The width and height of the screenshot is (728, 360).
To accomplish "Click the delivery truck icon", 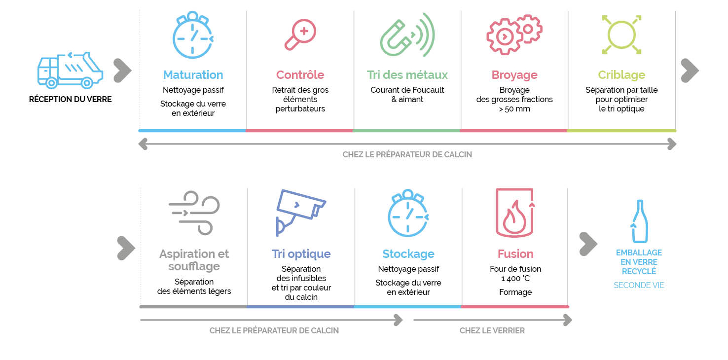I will pos(70,70).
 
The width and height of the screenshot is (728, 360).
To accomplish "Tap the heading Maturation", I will pos(193,75).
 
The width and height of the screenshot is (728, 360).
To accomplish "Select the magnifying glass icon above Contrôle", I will pos(300,35).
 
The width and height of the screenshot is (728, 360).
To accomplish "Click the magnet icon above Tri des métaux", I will pos(407,35).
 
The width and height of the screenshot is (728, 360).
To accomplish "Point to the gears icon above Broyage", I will pos(514,34).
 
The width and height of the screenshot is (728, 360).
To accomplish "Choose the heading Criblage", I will pos(621,75).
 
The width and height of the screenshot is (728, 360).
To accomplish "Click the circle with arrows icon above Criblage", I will pos(621,34).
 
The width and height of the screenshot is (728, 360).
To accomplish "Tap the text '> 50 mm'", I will pos(514,108).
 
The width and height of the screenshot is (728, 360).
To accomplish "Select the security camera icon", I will pos(300,212).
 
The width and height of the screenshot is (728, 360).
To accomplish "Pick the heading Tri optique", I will pos(301,254).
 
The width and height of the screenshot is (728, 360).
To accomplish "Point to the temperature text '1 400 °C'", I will pos(515,279).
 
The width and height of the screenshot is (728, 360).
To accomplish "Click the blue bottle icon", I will pos(639,221).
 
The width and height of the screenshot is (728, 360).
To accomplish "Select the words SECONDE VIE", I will pos(639,285).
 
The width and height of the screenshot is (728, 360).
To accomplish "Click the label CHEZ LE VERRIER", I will pos(492,330).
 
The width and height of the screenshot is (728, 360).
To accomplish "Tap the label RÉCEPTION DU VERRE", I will pos(70,99).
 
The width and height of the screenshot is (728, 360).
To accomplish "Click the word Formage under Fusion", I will pos(515,292).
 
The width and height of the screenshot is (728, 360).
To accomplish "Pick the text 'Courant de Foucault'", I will pos(407,90).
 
